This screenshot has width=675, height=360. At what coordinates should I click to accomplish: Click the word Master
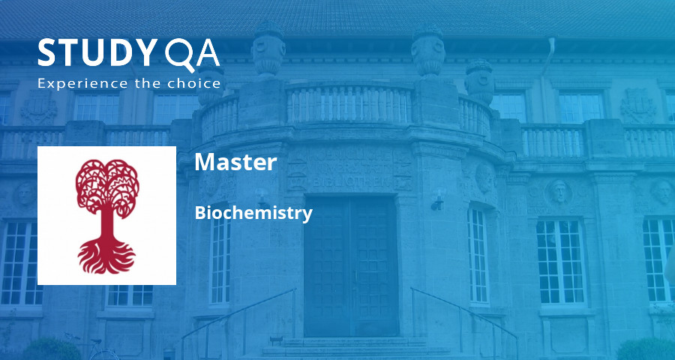point(235,162)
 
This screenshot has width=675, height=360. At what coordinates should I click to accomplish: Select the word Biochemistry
point(253,213)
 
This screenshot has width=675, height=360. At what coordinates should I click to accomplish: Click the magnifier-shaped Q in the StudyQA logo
point(178,54)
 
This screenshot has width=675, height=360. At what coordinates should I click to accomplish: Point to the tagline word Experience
point(83,83)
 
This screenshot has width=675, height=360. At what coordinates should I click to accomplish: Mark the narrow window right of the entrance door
point(478,254)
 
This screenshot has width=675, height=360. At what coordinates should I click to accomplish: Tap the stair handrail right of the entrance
point(465,315)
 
